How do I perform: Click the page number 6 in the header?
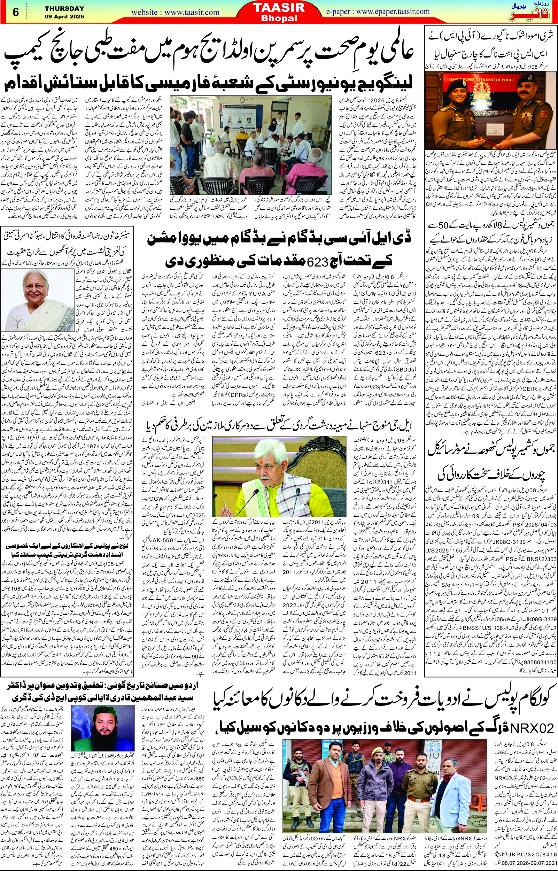[x=15, y=11]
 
